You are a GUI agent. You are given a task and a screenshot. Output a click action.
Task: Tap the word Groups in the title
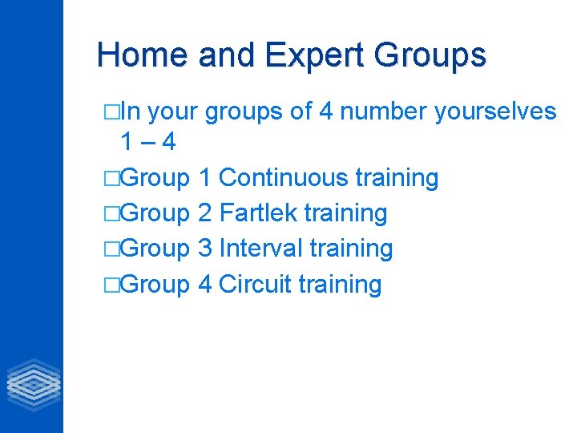click(430, 55)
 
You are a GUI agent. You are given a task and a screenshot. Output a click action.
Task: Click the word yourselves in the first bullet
click(495, 111)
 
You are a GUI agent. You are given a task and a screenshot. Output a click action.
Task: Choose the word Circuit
click(254, 284)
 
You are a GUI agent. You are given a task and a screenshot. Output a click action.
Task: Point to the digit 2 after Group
click(204, 213)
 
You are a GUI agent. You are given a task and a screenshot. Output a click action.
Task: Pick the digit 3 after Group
click(204, 249)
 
